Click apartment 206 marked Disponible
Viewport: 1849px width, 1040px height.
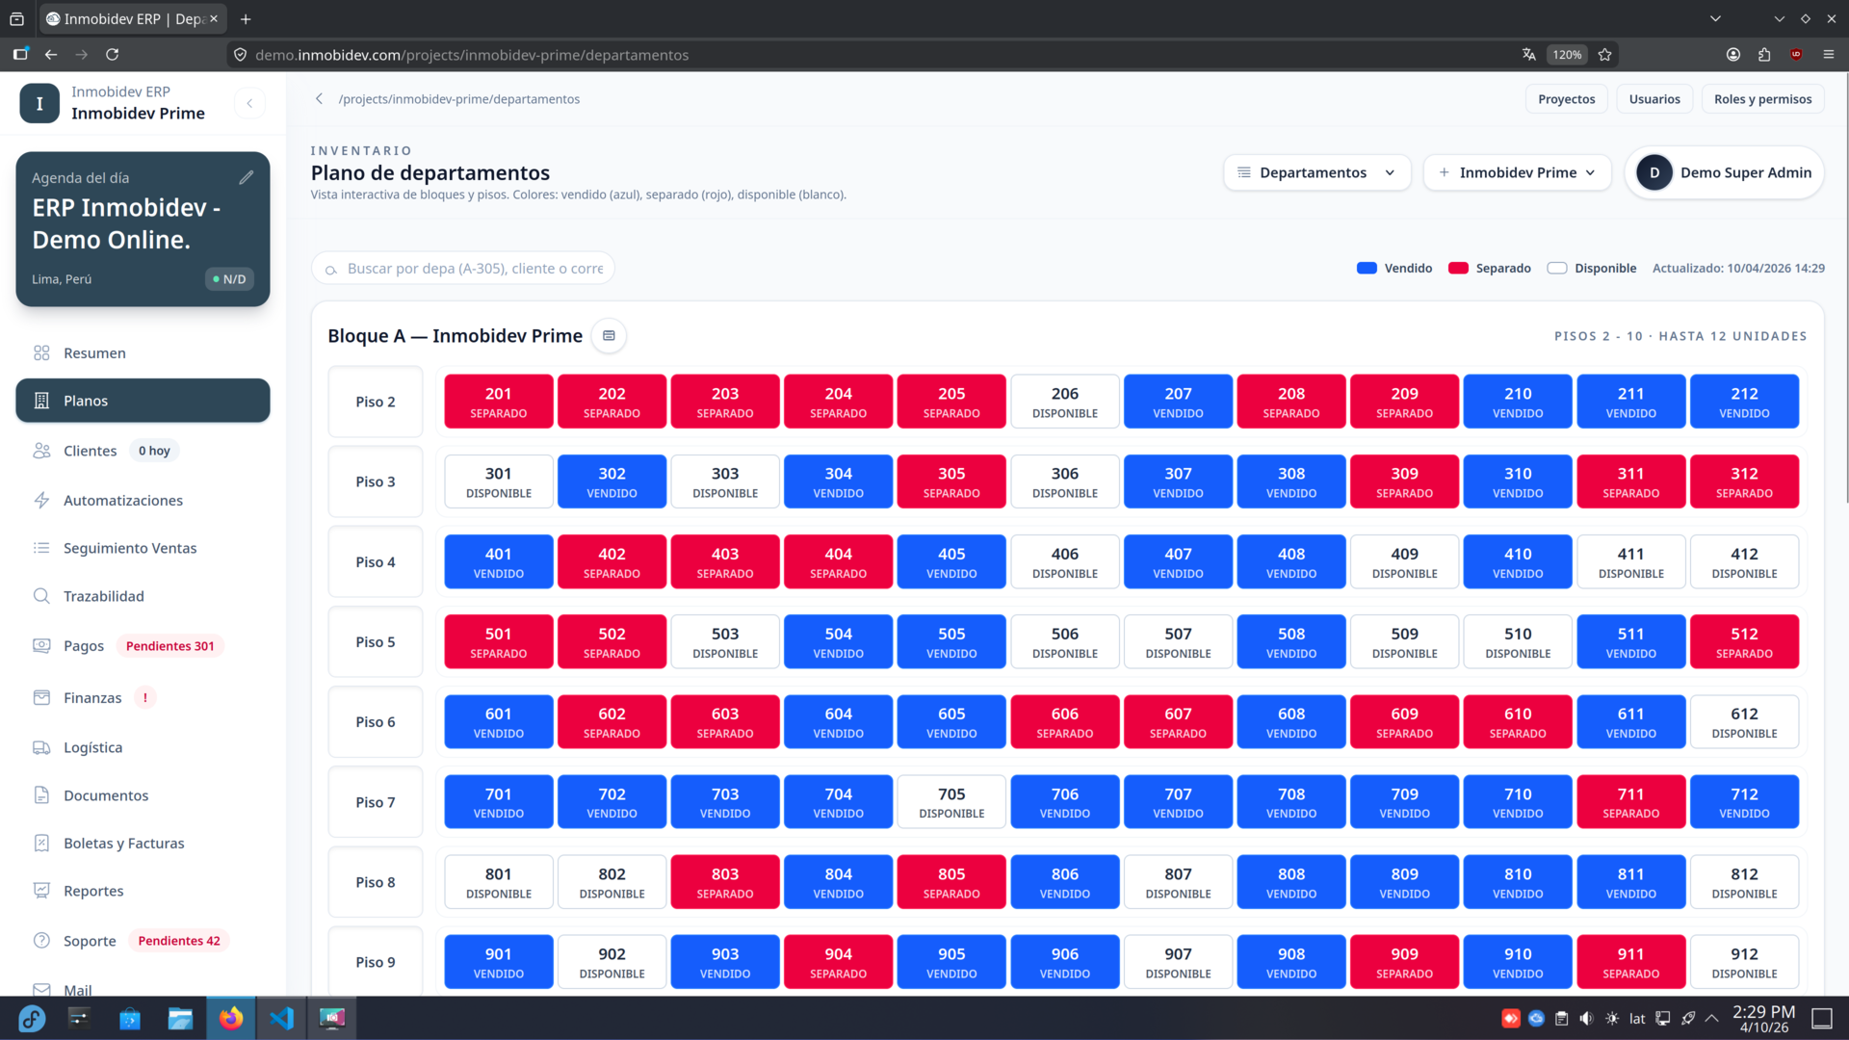1064,402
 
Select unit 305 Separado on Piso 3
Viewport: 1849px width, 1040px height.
951,481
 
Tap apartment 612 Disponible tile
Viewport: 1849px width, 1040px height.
1743,722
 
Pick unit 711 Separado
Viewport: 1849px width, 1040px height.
1629,802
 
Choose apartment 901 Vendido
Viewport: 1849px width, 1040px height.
498,962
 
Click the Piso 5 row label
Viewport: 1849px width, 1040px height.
375,642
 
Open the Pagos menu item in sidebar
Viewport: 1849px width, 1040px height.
84,646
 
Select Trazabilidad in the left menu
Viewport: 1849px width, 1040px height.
103,596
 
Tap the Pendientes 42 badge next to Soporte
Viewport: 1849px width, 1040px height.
178,941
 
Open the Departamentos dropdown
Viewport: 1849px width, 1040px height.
1315,172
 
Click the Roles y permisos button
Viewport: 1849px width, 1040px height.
1761,99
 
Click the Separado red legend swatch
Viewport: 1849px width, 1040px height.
1458,269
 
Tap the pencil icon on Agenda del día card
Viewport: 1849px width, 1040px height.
247,177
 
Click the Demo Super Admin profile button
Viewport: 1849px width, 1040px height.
1724,172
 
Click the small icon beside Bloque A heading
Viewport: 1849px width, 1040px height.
609,336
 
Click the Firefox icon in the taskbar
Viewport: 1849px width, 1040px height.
231,1019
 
